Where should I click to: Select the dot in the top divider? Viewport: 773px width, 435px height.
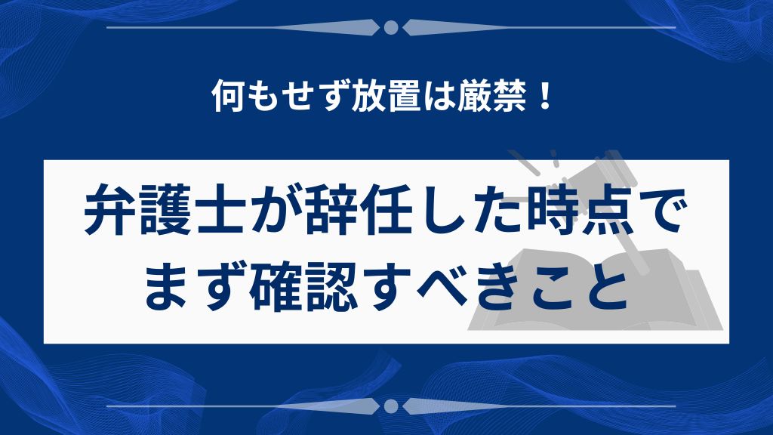390,28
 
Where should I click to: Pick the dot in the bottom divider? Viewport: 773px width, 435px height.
390,406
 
